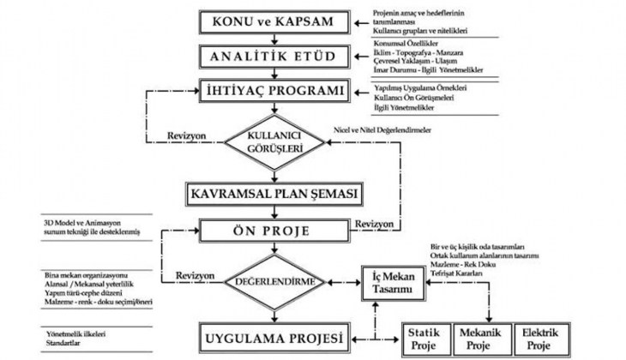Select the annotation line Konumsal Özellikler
coord(407,41)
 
